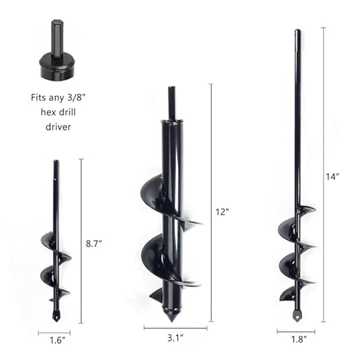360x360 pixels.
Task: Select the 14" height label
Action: point(333,177)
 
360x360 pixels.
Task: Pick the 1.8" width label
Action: point(297,340)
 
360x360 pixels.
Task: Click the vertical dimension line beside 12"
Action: point(210,203)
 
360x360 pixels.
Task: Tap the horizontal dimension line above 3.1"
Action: point(169,328)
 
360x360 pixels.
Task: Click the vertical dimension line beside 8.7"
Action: point(81,241)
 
